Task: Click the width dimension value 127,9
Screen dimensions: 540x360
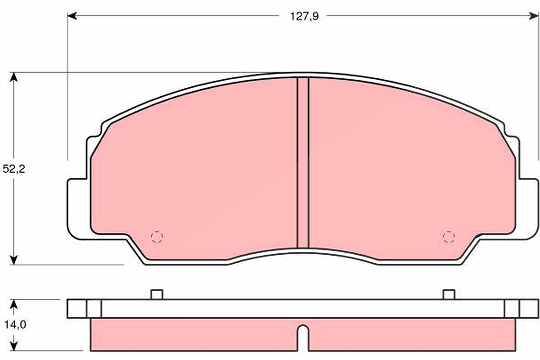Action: pyautogui.click(x=304, y=17)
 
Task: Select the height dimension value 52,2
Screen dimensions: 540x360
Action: pyautogui.click(x=14, y=169)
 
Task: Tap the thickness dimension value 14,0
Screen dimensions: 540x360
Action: pyautogui.click(x=15, y=325)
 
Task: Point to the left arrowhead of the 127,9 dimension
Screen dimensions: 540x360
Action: pyautogui.click(x=72, y=16)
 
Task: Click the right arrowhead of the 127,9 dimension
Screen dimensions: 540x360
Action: pyautogui.click(x=534, y=16)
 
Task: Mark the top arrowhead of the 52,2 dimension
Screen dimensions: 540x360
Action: pyautogui.click(x=14, y=77)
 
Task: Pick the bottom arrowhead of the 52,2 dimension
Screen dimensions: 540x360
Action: pyautogui.click(x=14, y=260)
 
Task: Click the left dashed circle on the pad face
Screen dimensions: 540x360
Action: pyautogui.click(x=157, y=237)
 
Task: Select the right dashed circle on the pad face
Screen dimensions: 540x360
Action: pyautogui.click(x=449, y=237)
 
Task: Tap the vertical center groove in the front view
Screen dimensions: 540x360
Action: pyautogui.click(x=303, y=162)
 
